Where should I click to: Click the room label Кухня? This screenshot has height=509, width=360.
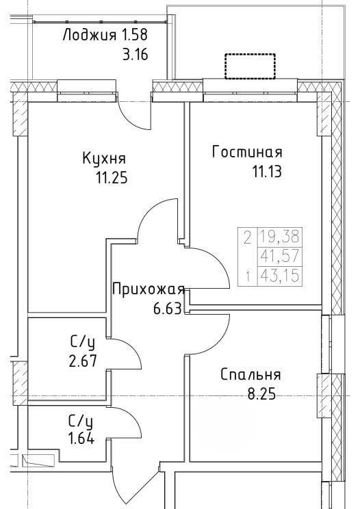point(104,159)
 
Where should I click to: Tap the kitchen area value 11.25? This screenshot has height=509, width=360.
point(112,178)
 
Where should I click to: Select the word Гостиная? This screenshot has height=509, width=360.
point(247,152)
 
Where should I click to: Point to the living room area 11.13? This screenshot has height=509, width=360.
point(267,171)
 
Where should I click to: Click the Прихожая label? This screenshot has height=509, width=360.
point(149,289)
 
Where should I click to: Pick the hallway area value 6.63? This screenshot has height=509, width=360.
point(167,309)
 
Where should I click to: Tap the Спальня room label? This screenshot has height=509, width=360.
point(250,375)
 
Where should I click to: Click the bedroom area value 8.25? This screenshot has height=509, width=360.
point(261,394)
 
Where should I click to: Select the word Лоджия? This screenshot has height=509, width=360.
point(89,35)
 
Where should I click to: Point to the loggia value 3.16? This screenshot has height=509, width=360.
point(135,55)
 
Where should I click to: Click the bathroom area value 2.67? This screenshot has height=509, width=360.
point(83,361)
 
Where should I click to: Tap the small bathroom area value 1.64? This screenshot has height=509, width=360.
point(81,439)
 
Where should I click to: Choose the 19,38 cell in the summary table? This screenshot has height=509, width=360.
point(279,237)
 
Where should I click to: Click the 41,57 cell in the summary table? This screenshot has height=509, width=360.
point(279,257)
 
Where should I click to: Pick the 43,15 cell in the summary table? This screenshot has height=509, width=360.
point(279,276)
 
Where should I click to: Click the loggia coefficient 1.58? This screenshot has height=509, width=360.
point(134,35)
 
